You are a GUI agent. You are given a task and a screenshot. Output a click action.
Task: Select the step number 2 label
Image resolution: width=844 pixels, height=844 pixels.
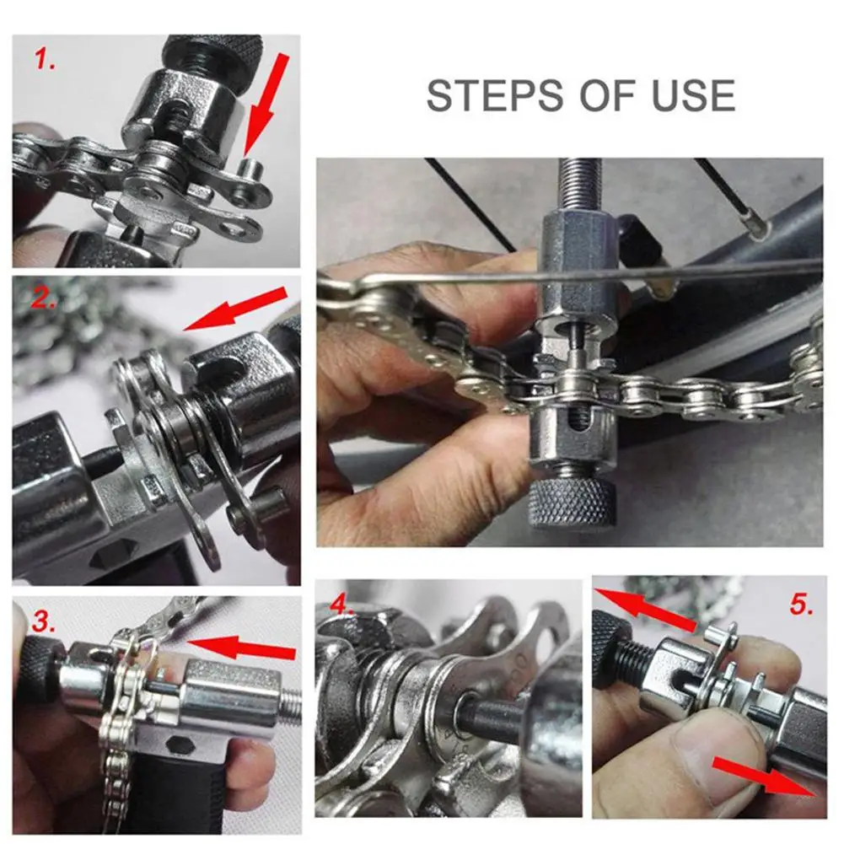click(x=43, y=297)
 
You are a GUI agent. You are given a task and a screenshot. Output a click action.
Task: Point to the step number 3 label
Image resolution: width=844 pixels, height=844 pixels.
click(x=44, y=621)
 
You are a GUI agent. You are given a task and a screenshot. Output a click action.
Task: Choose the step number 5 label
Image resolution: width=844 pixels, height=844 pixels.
click(x=802, y=605)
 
